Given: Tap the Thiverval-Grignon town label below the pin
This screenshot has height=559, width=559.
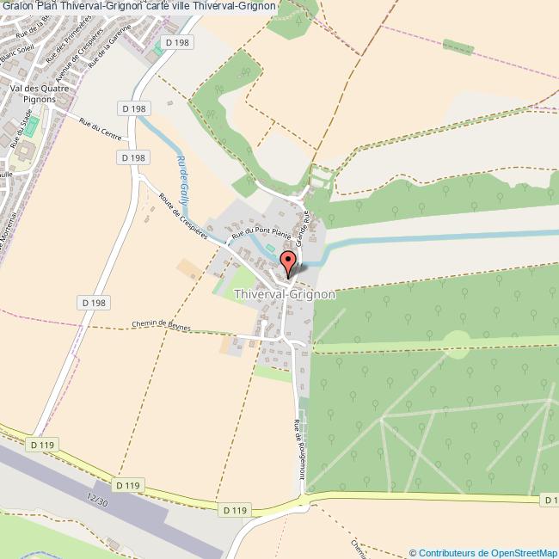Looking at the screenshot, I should click(x=284, y=294).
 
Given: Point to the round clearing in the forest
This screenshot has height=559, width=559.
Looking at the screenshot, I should click(x=457, y=344).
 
